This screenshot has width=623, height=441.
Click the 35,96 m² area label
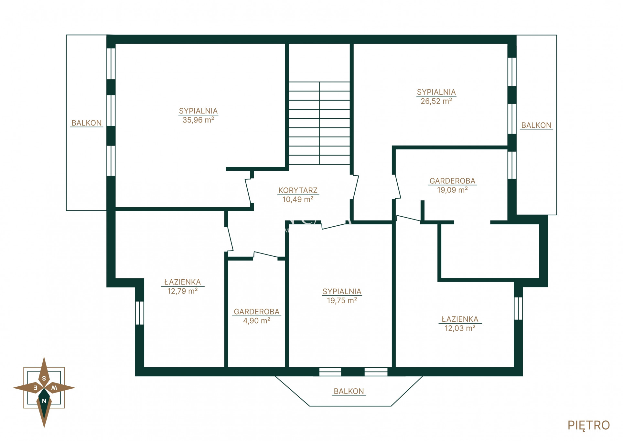198,120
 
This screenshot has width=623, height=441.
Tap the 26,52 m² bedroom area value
436,101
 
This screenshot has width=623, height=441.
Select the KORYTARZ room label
298,190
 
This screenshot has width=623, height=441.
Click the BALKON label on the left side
86,123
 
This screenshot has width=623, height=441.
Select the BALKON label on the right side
536,125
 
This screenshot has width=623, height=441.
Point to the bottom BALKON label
349,391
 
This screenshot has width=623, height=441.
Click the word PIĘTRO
589,425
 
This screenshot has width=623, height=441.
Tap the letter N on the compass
44,401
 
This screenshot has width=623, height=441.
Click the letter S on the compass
44,378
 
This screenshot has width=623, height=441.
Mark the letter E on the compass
36,388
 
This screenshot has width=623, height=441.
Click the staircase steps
319,123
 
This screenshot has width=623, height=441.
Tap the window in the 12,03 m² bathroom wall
518,308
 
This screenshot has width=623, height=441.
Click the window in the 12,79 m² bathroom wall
139,313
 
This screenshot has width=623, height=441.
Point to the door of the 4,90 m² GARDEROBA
265,254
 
